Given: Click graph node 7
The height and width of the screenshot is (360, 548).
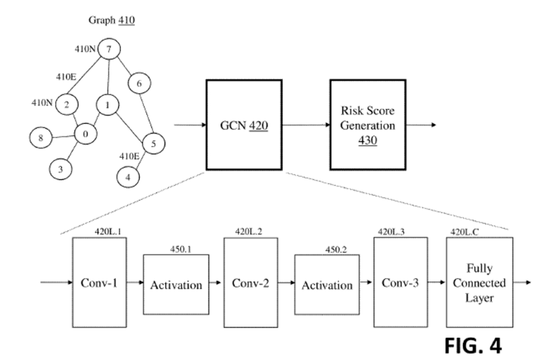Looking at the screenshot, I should [x=109, y=50].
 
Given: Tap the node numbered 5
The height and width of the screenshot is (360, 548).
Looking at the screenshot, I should [x=154, y=143].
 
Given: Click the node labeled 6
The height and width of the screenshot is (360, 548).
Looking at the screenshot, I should [x=140, y=83].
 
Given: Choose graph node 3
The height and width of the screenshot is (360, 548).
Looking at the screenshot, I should [x=60, y=170].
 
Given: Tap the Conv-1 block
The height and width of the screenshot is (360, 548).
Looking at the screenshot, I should [x=99, y=282].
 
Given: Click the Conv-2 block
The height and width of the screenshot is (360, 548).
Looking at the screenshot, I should [x=250, y=282].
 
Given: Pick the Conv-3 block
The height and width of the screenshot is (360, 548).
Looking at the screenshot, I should [x=400, y=282].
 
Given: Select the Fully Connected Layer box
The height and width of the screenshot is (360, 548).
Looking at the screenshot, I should [x=479, y=282].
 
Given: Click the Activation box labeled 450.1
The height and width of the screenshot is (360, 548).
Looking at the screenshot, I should [x=176, y=284].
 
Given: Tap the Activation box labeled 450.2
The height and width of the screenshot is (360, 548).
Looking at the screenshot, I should [x=327, y=284].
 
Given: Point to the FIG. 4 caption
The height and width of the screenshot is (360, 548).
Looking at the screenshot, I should [x=473, y=345].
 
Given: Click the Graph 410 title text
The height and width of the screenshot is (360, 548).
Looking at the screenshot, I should [x=111, y=21].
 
